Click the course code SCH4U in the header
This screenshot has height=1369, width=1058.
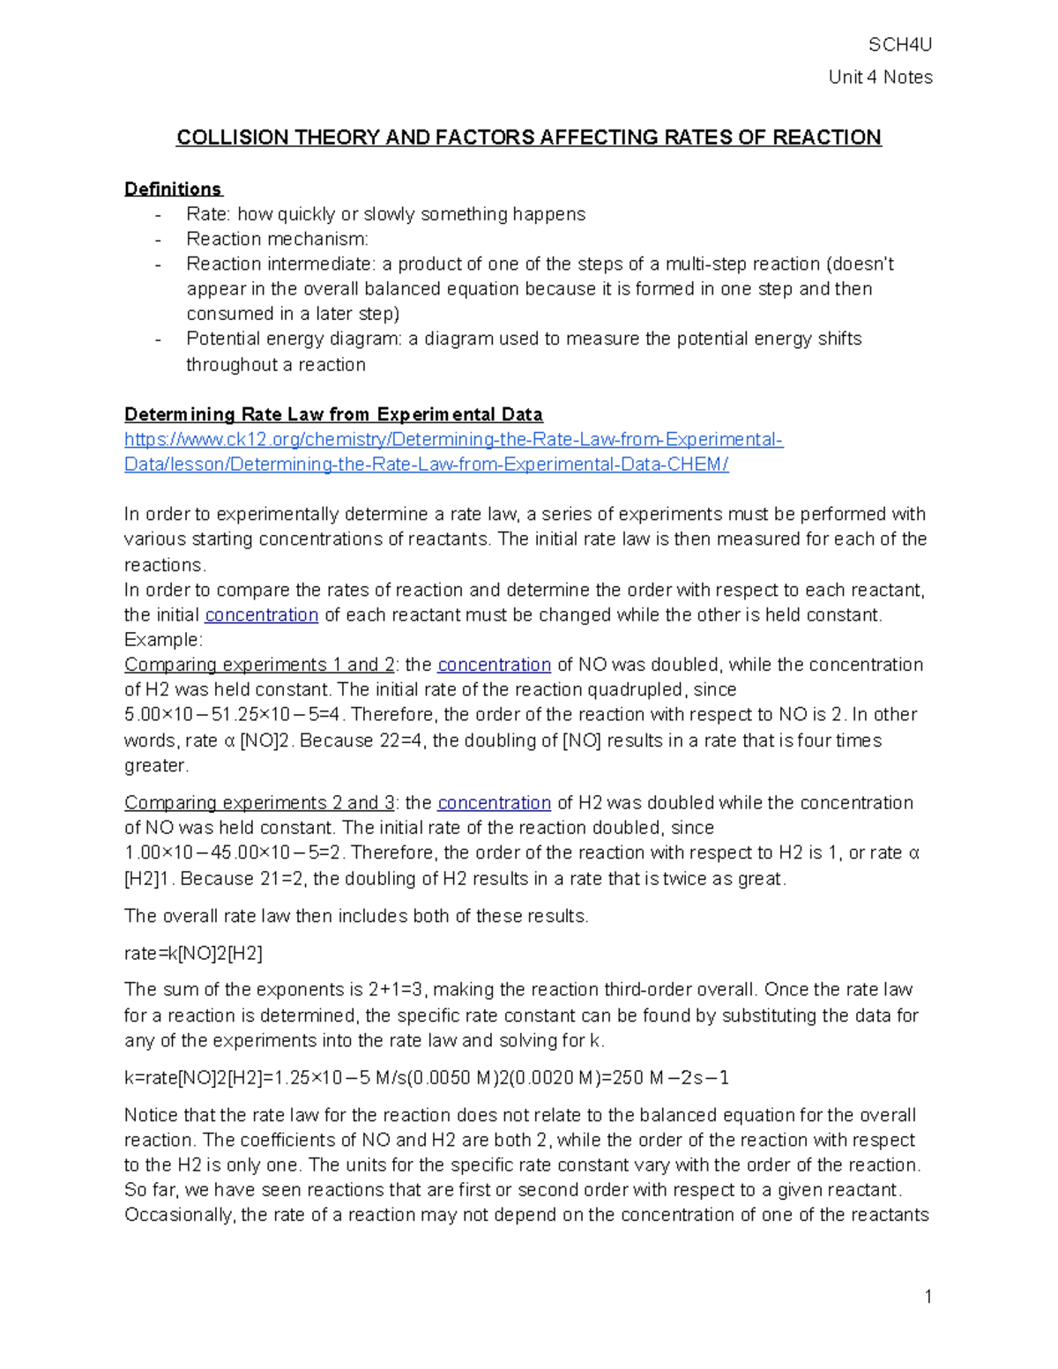pos(899,45)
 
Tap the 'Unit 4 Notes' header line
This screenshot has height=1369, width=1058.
pos(880,78)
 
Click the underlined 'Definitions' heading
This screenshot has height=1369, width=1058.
pos(173,190)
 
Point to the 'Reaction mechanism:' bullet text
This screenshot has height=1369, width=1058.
pos(277,239)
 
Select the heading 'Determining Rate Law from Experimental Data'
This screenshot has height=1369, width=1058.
pos(333,414)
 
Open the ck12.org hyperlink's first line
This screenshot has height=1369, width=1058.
pos(453,439)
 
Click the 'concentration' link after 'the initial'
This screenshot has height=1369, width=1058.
pos(261,614)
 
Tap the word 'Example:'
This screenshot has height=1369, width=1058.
pos(163,639)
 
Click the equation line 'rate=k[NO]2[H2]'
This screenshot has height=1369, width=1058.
pos(193,953)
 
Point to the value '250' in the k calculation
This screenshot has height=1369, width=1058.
pos(631,1078)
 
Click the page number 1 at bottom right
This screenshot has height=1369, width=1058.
pos(928,1296)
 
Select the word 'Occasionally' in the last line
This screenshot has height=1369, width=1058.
pos(179,1215)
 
